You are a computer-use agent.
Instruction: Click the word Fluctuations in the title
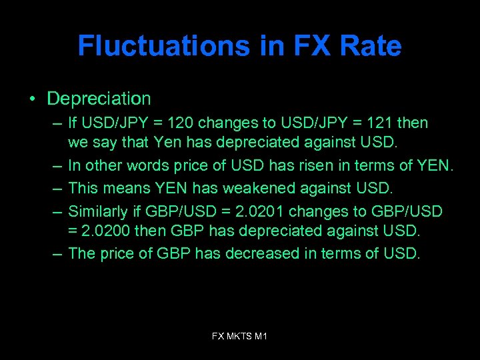163,46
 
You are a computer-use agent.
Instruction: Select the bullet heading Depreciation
99,99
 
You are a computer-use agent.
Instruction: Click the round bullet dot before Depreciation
32,100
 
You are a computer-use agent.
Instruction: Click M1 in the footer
261,337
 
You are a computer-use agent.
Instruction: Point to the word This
83,189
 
